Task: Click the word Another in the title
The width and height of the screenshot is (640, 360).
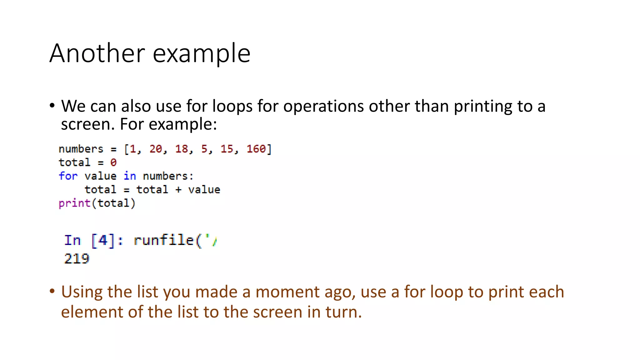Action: (x=97, y=53)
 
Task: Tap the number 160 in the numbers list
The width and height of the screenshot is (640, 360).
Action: (x=256, y=149)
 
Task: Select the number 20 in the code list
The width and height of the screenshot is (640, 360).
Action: (x=156, y=149)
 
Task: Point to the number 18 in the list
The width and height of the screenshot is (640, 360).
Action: (x=181, y=149)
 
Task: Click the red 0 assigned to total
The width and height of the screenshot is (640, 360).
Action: (x=113, y=162)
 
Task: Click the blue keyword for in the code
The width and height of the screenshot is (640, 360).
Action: (x=68, y=176)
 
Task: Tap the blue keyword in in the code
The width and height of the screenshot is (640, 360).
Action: (x=130, y=176)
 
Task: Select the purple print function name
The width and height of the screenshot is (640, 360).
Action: (x=74, y=203)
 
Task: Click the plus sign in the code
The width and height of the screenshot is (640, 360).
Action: (x=178, y=190)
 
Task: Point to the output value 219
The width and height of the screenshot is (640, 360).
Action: (x=77, y=259)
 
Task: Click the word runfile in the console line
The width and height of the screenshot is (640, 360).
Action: (x=164, y=240)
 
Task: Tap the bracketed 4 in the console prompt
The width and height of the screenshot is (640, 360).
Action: (x=103, y=240)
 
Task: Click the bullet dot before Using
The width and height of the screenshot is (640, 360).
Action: (x=52, y=291)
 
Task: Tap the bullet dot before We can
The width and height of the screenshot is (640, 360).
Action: (x=52, y=106)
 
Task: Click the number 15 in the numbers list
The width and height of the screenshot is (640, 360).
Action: (x=227, y=149)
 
